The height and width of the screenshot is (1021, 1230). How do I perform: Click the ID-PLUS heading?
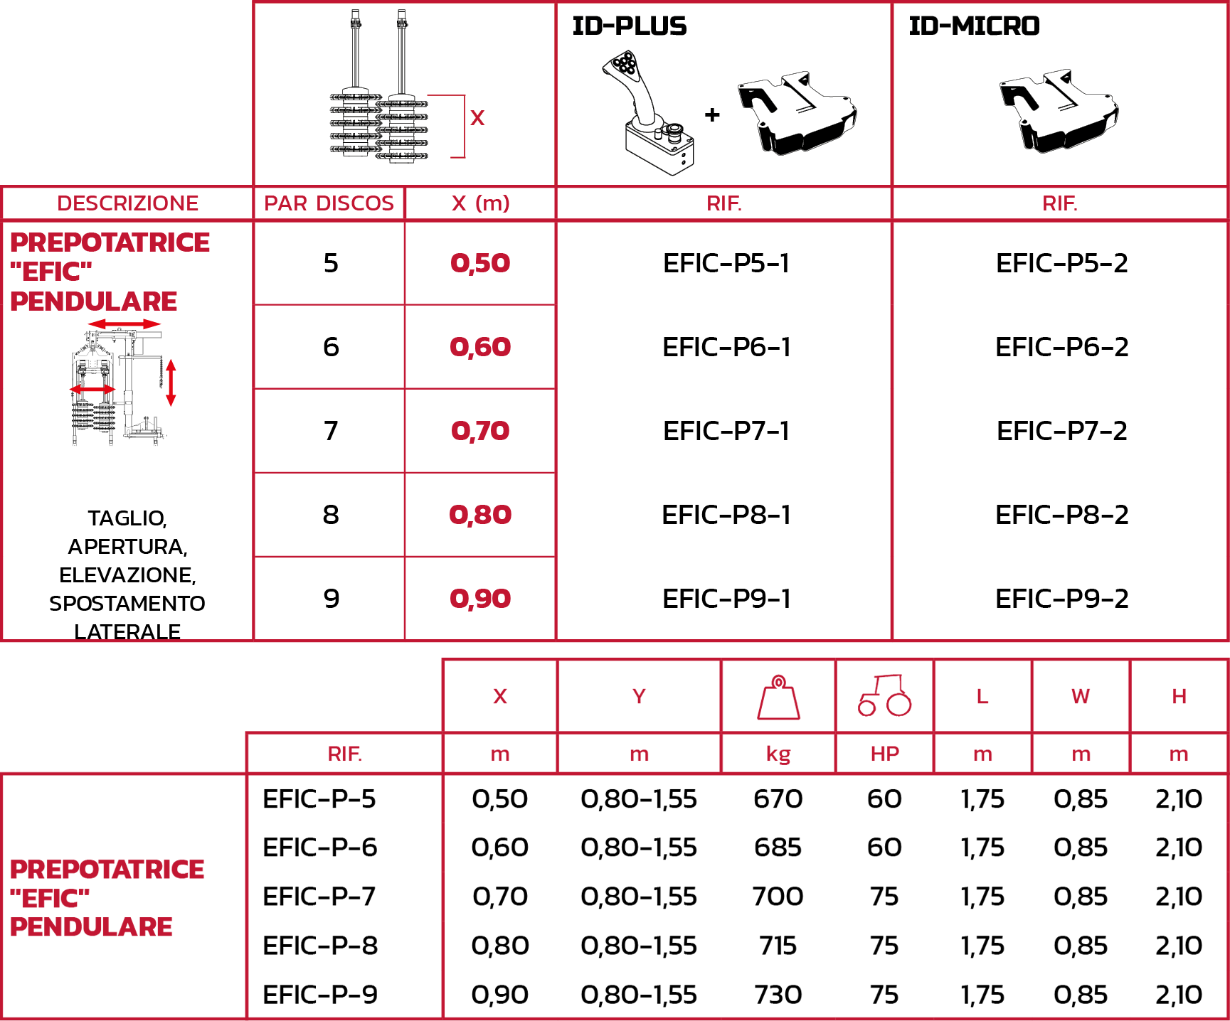630,26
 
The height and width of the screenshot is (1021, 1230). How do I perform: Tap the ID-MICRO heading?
974,26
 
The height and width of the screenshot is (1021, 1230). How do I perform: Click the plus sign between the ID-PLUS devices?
712,114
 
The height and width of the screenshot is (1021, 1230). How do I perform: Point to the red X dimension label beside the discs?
477,117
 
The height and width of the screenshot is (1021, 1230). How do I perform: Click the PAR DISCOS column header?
329,203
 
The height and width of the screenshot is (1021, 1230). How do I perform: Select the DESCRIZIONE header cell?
127,203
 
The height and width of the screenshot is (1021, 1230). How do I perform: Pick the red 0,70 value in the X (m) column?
480,431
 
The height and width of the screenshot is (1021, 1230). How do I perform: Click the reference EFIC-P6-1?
726,347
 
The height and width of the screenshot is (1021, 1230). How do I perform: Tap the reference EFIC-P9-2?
1061,599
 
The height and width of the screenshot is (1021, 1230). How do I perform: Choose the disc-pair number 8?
331,515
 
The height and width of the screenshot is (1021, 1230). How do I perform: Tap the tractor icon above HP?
884,695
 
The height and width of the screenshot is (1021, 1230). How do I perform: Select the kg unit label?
778,754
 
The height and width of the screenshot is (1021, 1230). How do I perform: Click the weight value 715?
778,946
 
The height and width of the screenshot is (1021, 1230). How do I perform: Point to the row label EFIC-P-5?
319,799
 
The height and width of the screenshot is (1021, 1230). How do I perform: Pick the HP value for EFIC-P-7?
884,897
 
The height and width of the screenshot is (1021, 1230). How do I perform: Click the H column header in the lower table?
1179,697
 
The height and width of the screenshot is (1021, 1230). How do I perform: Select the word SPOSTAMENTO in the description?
127,604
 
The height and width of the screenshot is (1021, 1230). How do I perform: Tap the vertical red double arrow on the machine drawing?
171,383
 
